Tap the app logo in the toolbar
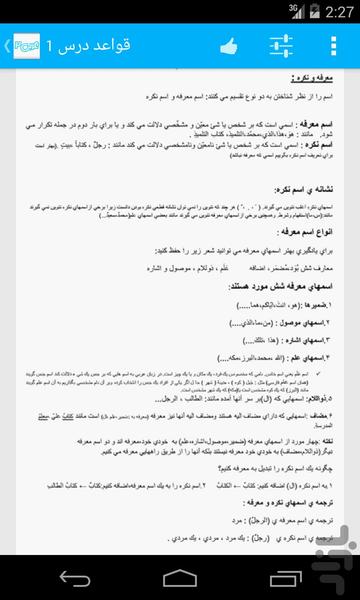point(27,46)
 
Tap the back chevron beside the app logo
point(7,46)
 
